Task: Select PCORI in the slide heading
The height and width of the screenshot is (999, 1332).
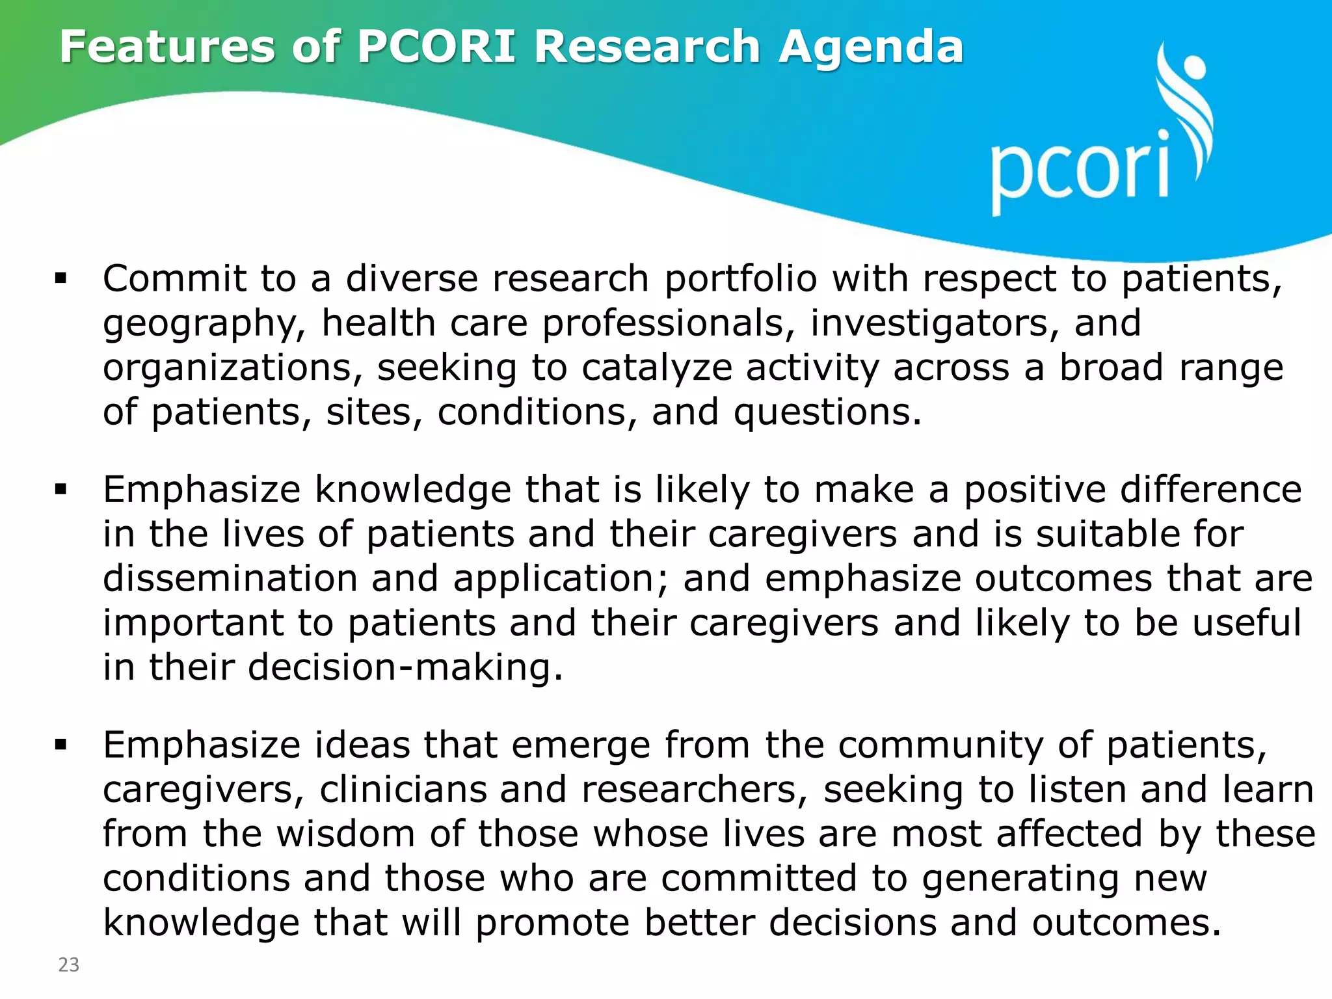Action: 437,47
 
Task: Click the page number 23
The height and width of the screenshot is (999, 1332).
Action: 69,965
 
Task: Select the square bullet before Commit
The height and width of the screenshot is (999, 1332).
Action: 61,280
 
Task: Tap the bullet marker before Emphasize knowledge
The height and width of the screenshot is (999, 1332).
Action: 61,490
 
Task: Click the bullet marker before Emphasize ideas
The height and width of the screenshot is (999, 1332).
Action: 61,745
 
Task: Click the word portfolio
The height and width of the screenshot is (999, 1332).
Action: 740,279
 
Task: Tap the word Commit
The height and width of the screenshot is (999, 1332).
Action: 174,279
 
